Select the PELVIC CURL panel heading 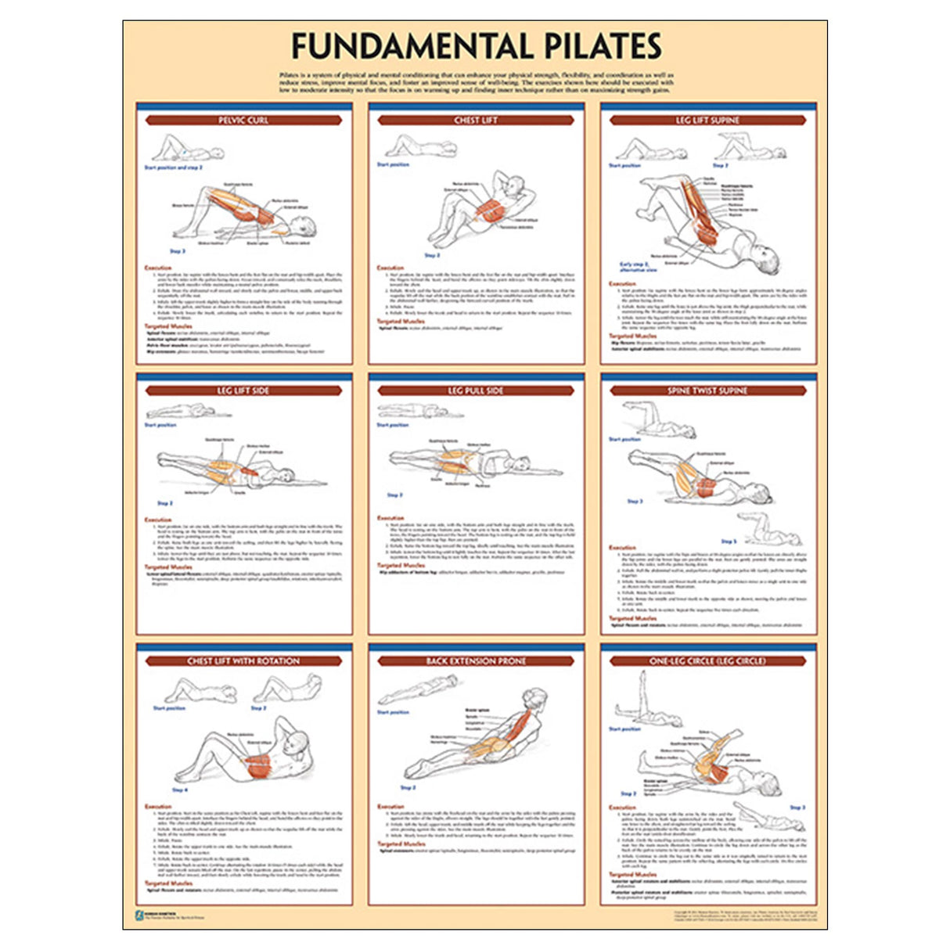[243, 121]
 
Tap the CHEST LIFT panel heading [476, 121]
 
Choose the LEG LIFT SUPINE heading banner [707, 121]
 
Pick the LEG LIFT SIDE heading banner [243, 390]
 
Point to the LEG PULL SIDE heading [476, 390]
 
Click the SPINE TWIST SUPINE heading [707, 390]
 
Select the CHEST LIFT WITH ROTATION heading [243, 661]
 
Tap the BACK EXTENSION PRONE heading [476, 661]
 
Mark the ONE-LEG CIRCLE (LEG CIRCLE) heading [707, 661]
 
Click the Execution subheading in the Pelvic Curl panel [158, 268]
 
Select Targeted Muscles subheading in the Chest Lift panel [401, 322]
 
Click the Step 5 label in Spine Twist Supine [729, 541]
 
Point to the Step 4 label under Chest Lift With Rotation [180, 790]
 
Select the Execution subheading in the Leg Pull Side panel [390, 518]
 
